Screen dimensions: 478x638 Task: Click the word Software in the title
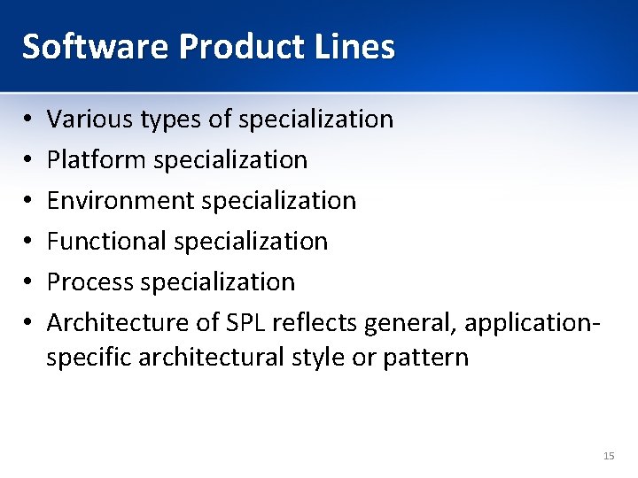tap(95, 46)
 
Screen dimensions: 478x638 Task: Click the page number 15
tap(608, 456)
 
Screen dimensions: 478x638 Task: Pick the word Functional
tap(106, 241)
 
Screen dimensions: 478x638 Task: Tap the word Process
tap(87, 281)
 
